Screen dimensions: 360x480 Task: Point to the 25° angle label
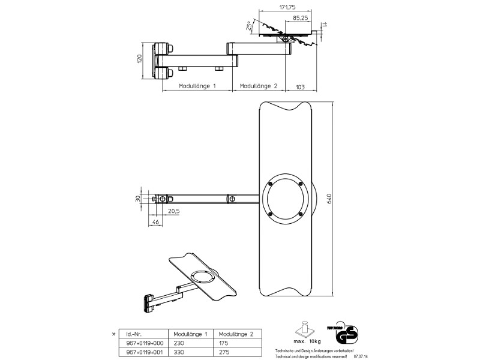click(x=249, y=26)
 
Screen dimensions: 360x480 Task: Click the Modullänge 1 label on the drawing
click(x=197, y=86)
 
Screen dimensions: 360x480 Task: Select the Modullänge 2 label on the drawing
click(x=259, y=86)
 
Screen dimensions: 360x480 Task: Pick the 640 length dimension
click(x=329, y=199)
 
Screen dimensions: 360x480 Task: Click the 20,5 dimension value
click(x=174, y=211)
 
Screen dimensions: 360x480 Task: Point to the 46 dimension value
click(x=156, y=223)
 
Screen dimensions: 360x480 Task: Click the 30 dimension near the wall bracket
click(x=137, y=198)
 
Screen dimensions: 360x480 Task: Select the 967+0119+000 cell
click(x=142, y=343)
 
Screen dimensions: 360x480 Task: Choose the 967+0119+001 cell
click(x=142, y=352)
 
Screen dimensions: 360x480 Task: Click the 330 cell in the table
click(x=179, y=352)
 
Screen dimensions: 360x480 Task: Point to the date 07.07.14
click(x=361, y=356)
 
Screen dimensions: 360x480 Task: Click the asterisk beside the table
click(x=113, y=332)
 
